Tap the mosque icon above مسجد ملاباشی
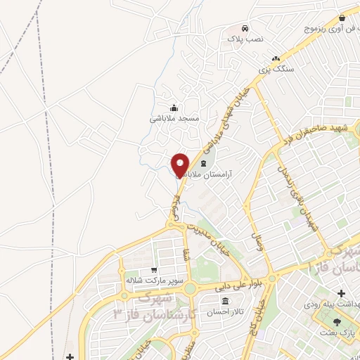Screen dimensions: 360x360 [x=174, y=108]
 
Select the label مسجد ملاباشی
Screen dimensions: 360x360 [x=174, y=119]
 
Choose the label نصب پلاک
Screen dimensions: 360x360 [x=245, y=39]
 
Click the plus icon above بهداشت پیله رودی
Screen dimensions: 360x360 [x=342, y=292]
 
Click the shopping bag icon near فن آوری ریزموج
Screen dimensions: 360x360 [x=342, y=18]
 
